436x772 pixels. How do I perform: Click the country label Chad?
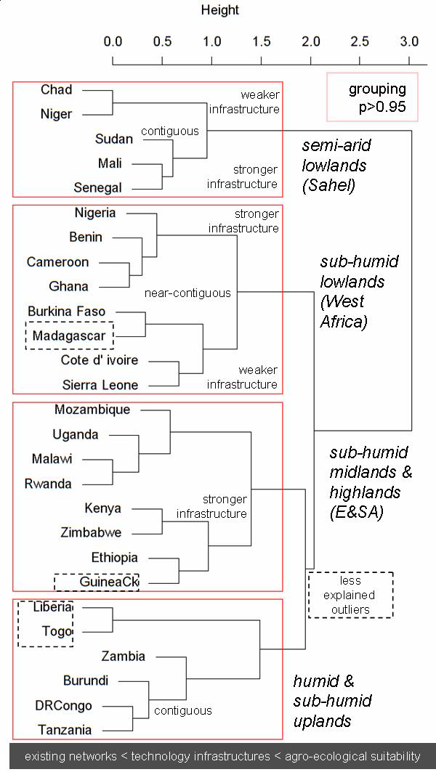click(56, 90)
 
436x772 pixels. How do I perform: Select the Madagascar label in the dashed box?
click(69, 336)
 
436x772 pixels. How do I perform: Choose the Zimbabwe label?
click(92, 532)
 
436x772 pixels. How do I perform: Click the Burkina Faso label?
click(66, 312)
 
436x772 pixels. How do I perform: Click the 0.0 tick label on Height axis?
click(113, 41)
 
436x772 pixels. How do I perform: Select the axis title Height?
click(219, 10)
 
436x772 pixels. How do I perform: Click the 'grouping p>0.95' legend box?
click(373, 97)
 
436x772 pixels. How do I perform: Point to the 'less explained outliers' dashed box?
click(350, 595)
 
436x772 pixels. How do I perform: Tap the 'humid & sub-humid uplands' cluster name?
click(333, 701)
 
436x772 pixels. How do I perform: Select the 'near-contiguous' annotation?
click(187, 293)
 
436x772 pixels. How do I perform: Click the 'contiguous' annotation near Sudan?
click(169, 131)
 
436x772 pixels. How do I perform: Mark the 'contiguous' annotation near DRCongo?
click(183, 710)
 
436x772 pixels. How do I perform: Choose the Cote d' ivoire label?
click(100, 360)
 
